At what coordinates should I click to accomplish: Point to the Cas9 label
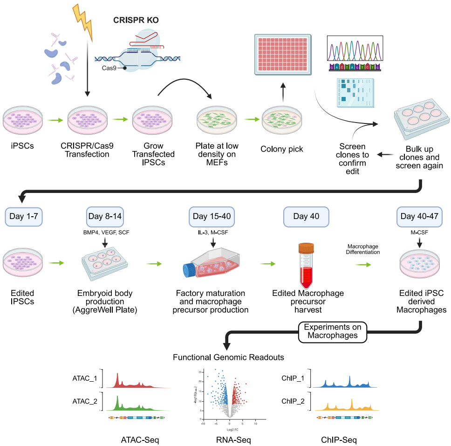(x=109, y=68)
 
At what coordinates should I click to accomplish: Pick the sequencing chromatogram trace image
(x=355, y=49)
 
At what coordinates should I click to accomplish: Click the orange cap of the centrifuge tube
(x=307, y=249)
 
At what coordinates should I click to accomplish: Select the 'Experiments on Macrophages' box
(x=332, y=331)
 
